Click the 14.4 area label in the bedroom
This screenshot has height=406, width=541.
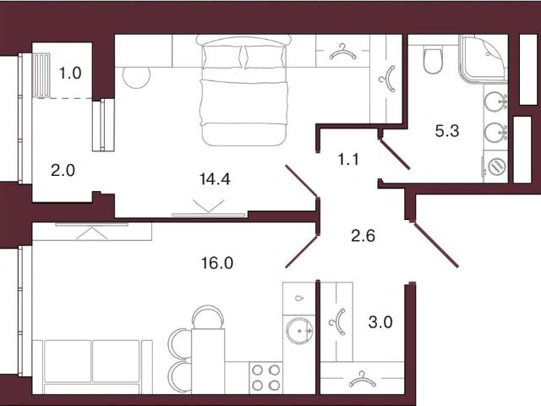pos(215,179)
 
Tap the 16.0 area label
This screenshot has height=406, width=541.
pos(217,263)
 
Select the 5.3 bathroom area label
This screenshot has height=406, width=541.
pos(447,131)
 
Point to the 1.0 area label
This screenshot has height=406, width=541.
pos(70,74)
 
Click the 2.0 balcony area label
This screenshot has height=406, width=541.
pos(63,171)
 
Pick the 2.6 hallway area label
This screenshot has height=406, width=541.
pos(363,237)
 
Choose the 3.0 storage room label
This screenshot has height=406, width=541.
pos(380,322)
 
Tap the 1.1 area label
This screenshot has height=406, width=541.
pos(348,160)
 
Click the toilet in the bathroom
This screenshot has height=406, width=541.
pos(432,60)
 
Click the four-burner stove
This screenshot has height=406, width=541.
pos(265,378)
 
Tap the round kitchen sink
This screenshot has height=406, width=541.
pos(299,331)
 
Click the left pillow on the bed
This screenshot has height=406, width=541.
pos(221,57)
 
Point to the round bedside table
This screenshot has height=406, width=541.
pos(137,77)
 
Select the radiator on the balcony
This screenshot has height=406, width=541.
pos(41,75)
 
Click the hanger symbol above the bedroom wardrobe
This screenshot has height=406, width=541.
pos(342,51)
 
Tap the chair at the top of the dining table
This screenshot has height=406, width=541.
pos(208,316)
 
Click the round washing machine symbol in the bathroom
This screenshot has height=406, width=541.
pos(496,166)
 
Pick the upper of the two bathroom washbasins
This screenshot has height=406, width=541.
pos(495,101)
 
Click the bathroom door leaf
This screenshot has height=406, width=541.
pos(395,154)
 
